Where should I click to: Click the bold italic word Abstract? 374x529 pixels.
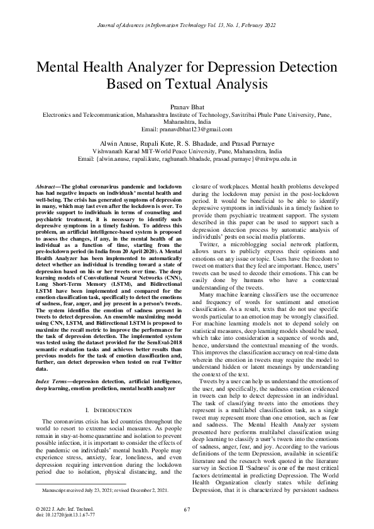46,187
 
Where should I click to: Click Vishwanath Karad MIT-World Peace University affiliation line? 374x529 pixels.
187,151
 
